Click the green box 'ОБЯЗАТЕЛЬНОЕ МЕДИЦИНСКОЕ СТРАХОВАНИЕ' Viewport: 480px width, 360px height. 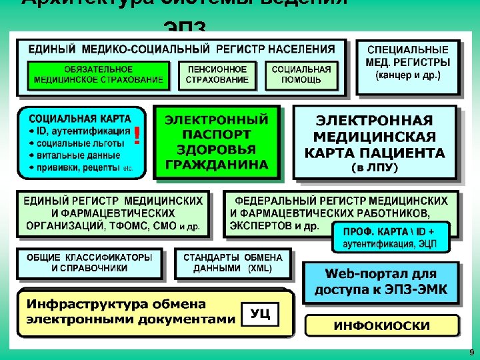(x=99, y=75)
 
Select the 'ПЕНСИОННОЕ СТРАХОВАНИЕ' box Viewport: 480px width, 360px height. (x=217, y=75)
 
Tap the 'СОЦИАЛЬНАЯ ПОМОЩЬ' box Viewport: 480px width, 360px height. (x=301, y=75)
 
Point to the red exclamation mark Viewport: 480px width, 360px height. (x=137, y=136)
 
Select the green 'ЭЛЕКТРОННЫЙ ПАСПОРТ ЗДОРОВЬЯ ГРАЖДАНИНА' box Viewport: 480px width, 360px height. (x=217, y=142)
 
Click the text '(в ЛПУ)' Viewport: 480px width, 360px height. (x=375, y=167)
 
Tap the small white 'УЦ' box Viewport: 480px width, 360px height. (x=259, y=314)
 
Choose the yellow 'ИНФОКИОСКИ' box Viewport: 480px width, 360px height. (x=382, y=326)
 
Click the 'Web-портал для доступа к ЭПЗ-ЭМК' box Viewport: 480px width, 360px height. (x=381, y=283)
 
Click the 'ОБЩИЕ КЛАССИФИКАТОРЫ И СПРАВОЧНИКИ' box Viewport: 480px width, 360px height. (x=89, y=263)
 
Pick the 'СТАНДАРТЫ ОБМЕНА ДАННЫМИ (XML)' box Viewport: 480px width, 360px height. (x=233, y=263)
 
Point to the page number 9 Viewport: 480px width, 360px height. (x=471, y=352)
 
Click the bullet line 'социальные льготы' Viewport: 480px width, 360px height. (x=77, y=143)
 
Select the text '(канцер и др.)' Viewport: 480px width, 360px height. (x=408, y=75)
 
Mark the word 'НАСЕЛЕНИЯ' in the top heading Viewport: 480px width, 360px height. (x=304, y=49)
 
